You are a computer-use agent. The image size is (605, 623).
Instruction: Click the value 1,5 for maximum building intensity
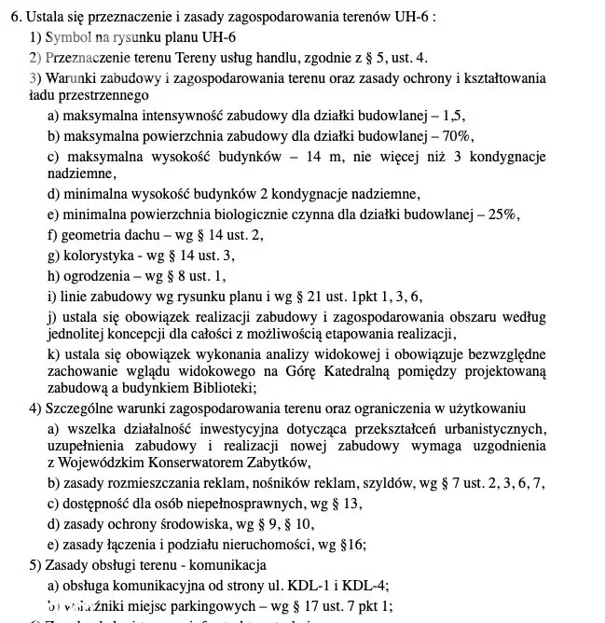click(x=454, y=116)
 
